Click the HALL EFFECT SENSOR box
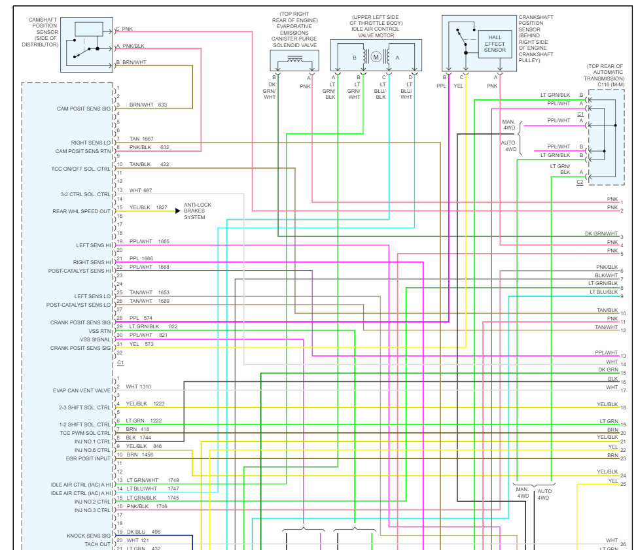(x=495, y=44)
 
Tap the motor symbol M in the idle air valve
(x=376, y=57)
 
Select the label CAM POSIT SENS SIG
(x=83, y=109)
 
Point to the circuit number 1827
(x=161, y=207)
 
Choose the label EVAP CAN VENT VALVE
(x=82, y=390)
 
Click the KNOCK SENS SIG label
(x=88, y=536)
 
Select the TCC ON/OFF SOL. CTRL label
(x=80, y=168)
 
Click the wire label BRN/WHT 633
(x=148, y=105)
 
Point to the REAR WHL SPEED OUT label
(x=81, y=211)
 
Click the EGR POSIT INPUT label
(x=84, y=458)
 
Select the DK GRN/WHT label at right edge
(x=601, y=233)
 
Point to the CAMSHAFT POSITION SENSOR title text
(x=43, y=32)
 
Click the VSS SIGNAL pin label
(x=96, y=339)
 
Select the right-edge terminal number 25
(x=623, y=484)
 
